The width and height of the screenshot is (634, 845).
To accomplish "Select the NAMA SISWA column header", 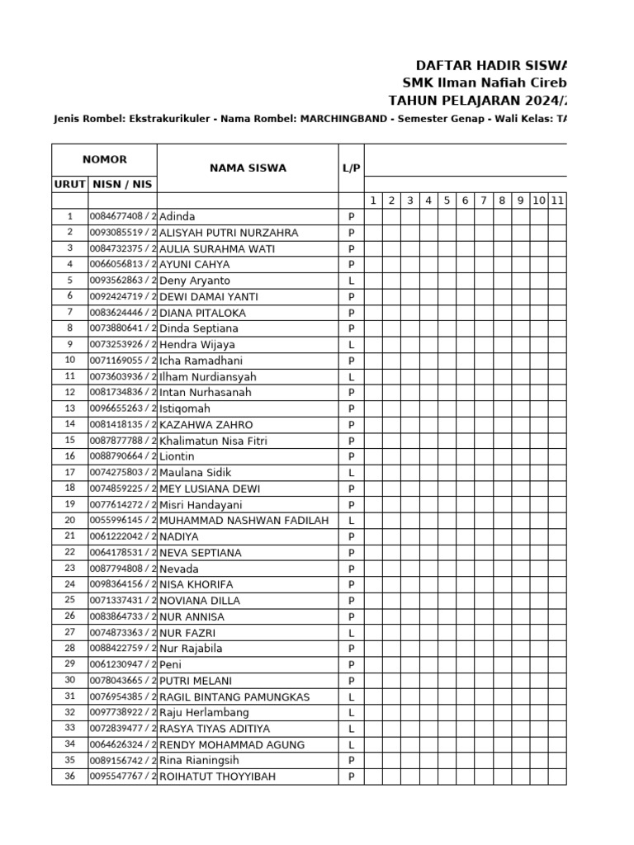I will click(x=248, y=168).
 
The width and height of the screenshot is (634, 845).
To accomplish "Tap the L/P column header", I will click(x=352, y=168).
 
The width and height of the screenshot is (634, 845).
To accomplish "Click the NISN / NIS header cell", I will click(x=122, y=184).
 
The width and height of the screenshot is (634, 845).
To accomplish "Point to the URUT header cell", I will click(x=70, y=184).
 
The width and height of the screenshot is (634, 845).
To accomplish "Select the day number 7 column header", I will click(x=484, y=201).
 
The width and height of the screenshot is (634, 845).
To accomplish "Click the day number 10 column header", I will click(x=538, y=201).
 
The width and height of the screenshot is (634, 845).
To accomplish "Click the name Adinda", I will click(x=177, y=217).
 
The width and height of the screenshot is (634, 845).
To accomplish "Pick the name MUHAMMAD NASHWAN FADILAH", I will click(x=244, y=521).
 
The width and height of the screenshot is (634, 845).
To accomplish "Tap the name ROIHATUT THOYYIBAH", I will click(x=217, y=777).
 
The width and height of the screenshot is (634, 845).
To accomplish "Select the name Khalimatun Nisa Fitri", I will click(x=213, y=441).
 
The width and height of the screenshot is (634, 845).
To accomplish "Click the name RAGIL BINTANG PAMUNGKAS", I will click(x=234, y=696).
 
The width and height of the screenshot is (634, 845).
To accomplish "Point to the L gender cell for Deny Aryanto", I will click(x=352, y=281).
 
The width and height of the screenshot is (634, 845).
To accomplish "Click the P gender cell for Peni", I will click(x=352, y=664).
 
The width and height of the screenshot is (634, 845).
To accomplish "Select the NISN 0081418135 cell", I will click(x=122, y=424).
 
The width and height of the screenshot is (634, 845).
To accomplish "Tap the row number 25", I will click(x=70, y=600).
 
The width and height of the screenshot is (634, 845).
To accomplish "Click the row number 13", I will click(x=70, y=408).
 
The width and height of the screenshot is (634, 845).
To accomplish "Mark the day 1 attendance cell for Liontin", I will click(x=373, y=456).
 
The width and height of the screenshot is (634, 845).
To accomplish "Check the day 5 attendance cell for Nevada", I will click(x=447, y=569).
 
